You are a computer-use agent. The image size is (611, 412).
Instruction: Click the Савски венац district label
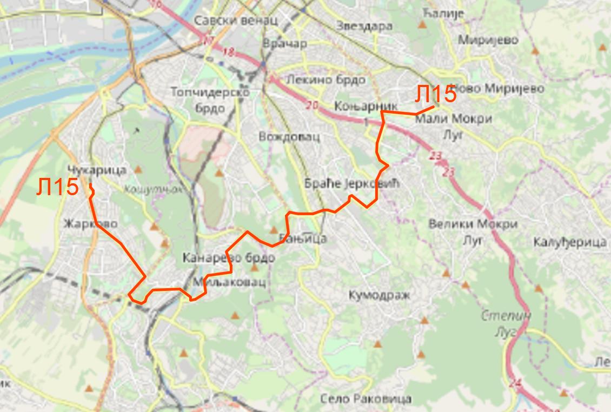click(x=236, y=21)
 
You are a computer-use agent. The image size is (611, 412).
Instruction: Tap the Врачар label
click(x=284, y=43)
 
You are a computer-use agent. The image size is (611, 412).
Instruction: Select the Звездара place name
click(x=363, y=25)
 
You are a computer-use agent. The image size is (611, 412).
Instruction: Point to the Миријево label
click(x=488, y=40)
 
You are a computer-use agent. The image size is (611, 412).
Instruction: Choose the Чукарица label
click(x=97, y=170)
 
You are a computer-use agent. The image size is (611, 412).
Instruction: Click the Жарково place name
click(x=90, y=223)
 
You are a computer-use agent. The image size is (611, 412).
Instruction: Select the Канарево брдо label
click(x=229, y=257)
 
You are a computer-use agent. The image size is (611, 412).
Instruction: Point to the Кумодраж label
click(x=379, y=295)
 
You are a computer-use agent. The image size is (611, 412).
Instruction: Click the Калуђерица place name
click(x=570, y=242)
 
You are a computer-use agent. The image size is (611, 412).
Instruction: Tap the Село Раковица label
click(x=366, y=399)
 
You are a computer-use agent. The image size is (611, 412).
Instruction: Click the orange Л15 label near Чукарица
click(x=58, y=188)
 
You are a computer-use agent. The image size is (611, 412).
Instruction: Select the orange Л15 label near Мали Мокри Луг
click(x=435, y=95)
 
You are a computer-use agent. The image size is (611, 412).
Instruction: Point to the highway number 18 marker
click(x=229, y=52)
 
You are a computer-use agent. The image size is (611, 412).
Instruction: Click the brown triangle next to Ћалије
click(x=422, y=24)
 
